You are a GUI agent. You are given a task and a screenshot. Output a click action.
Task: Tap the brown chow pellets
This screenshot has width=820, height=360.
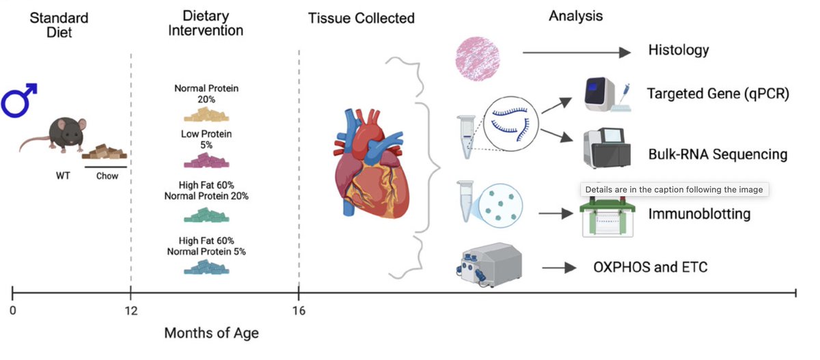click(105, 152)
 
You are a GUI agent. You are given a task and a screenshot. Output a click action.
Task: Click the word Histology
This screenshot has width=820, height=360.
click(678, 50)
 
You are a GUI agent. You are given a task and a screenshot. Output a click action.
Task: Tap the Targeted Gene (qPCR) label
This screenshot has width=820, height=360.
click(718, 93)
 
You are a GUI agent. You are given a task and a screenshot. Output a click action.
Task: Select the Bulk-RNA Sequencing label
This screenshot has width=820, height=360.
click(717, 154)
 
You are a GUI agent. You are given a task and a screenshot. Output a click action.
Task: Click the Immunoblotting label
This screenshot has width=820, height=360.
click(699, 214)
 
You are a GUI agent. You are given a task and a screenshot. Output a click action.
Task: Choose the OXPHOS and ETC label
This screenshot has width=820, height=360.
click(650, 266)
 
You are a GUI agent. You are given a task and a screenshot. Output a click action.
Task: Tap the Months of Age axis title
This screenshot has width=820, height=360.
click(211, 333)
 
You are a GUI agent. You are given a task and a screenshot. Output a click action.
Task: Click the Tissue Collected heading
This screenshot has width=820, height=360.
click(361, 18)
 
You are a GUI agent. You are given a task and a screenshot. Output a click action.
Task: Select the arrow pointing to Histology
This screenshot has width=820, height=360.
click(575, 52)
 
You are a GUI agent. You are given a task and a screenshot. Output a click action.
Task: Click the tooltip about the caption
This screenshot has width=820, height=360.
click(674, 189)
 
